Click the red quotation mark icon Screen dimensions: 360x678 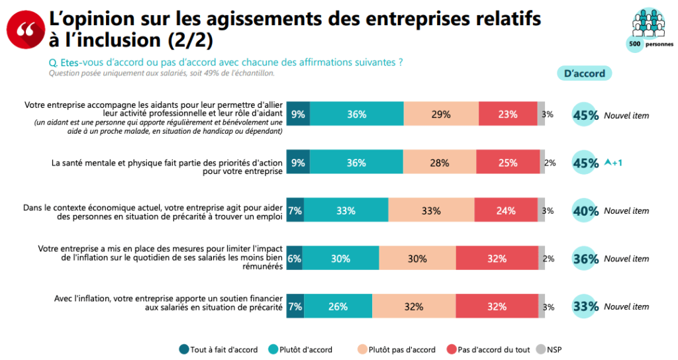tap(25, 29)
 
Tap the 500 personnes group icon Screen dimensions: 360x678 tap(648, 25)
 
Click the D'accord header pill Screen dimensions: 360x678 tap(584, 73)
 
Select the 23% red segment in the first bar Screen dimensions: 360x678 tap(507, 114)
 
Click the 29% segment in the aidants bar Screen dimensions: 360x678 tap(441, 114)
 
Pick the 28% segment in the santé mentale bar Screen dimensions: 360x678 tap(439, 162)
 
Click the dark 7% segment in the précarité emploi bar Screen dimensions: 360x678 tap(295, 210)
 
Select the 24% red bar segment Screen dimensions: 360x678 tap(507, 210)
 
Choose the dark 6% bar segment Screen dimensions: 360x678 tap(294, 259)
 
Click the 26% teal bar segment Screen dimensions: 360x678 tap(338, 307)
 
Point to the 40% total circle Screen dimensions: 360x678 tap(585, 210)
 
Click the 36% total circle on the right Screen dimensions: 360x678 tap(585, 259)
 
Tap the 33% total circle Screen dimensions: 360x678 tap(585, 307)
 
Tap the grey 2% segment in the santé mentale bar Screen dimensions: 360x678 tap(542, 162)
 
